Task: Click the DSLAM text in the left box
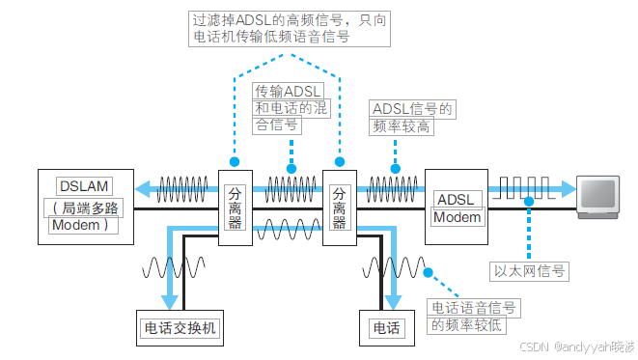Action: pyautogui.click(x=84, y=184)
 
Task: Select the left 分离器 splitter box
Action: pyautogui.click(x=235, y=208)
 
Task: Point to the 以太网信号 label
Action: pyautogui.click(x=529, y=272)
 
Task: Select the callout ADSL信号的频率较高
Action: pyautogui.click(x=412, y=117)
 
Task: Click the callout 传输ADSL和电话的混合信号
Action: pyautogui.click(x=291, y=107)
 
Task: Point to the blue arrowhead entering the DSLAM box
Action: pyautogui.click(x=142, y=188)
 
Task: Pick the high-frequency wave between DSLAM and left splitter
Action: pyautogui.click(x=182, y=186)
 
